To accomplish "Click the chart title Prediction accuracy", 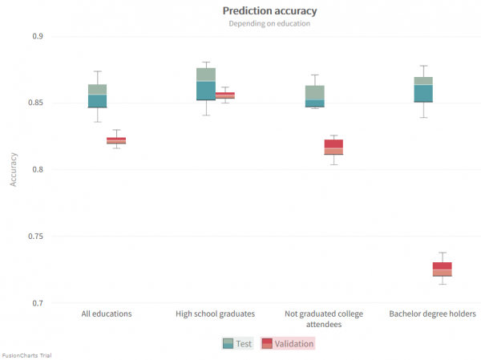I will coord(269,10).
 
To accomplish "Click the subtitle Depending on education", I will coord(269,23).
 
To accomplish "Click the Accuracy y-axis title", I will coord(14,170).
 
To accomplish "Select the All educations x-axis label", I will coord(107,313).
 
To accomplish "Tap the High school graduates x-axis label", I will coord(215,313).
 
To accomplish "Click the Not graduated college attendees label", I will coord(324,318).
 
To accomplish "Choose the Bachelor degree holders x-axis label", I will coord(432,313).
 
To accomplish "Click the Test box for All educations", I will coord(98,95).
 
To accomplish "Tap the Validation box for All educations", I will coord(116,140).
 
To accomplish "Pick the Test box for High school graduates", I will coord(206,84).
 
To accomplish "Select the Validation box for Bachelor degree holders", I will coord(442,269).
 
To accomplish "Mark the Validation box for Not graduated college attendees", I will coord(333,147).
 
